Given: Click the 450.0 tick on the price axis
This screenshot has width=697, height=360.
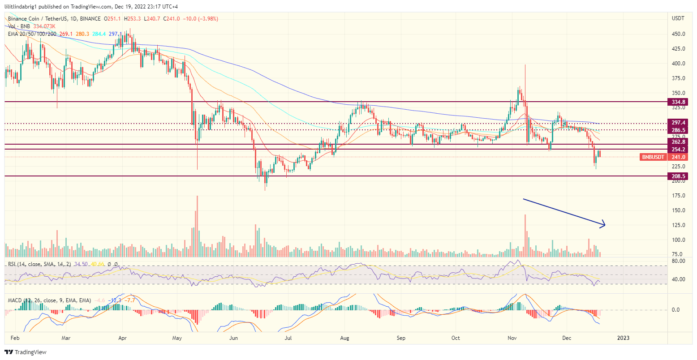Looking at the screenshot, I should click(678, 34).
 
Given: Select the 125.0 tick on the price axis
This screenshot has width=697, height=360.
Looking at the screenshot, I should click(678, 225).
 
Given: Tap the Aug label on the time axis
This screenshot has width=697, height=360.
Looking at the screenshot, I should click(344, 338).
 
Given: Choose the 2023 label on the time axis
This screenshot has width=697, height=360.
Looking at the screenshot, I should click(623, 338).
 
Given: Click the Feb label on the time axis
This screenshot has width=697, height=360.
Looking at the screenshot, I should click(15, 338).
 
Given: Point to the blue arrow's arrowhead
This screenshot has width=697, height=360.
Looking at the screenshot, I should click(604, 225).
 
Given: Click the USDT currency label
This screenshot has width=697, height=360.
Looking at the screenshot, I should click(678, 18).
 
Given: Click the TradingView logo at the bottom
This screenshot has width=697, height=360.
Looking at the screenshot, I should click(26, 352).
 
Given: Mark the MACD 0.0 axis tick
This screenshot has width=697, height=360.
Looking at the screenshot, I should click(675, 310).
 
